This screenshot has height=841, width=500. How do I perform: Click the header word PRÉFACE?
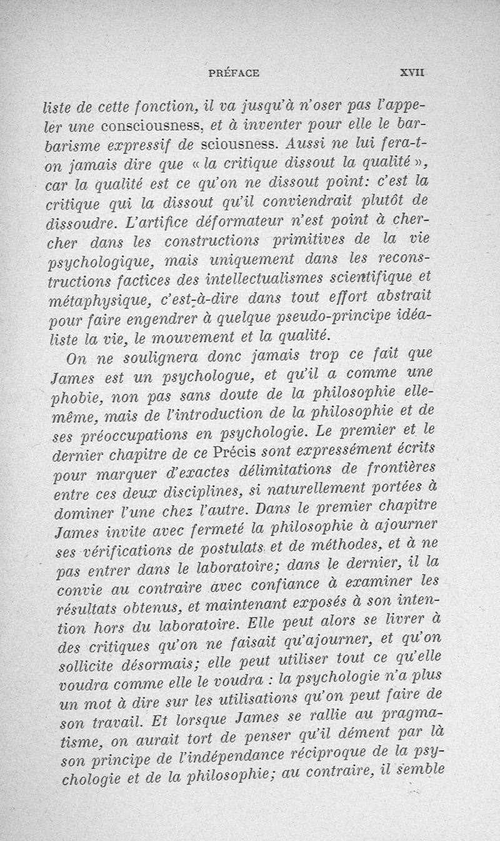[232, 73]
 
